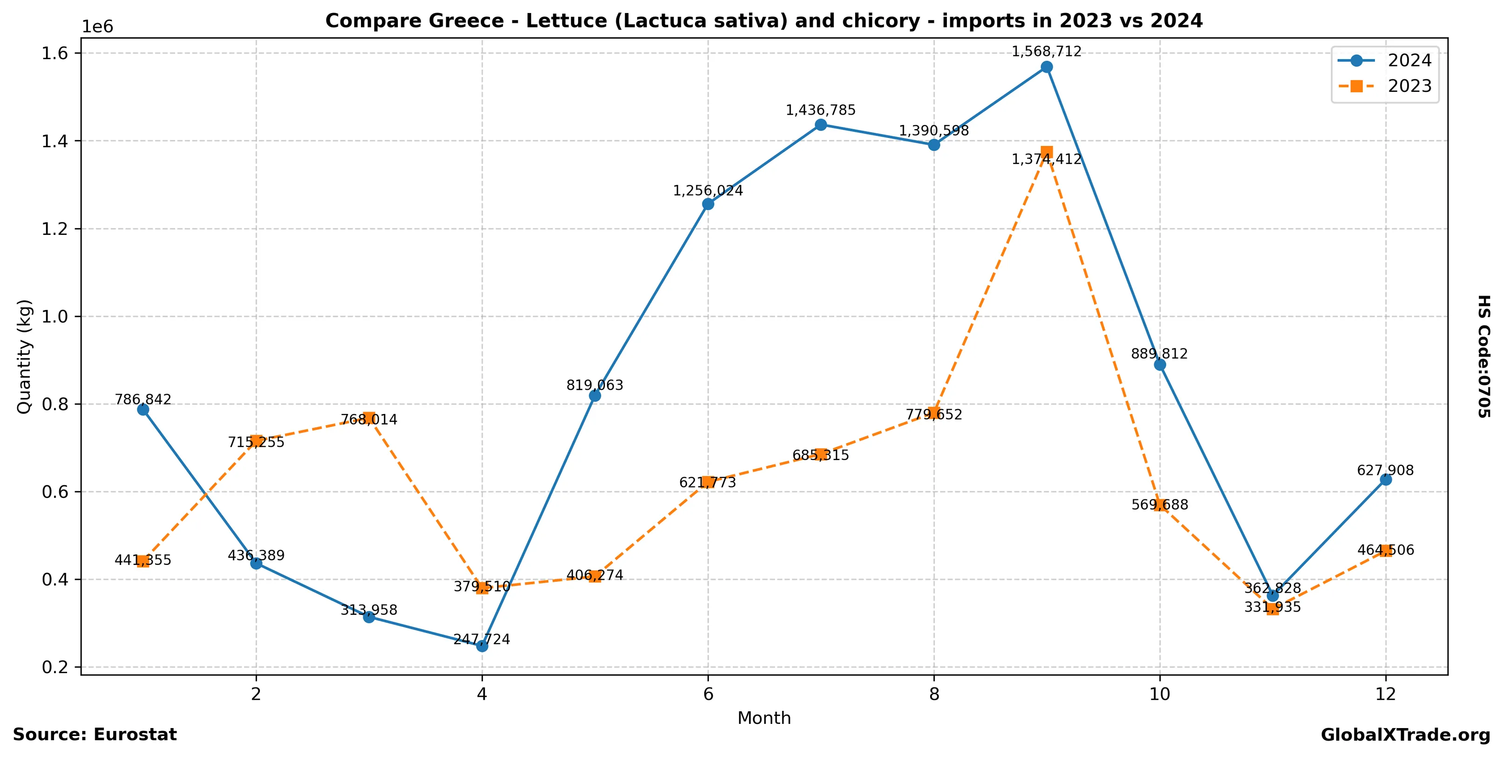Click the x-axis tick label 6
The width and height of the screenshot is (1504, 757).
point(708,694)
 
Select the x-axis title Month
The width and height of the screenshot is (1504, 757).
point(764,718)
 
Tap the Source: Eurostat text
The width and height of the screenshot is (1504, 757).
point(95,735)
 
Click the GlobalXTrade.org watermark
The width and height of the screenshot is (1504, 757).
point(1405,736)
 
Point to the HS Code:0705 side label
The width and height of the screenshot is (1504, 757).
point(1484,356)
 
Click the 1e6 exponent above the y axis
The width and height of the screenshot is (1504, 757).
point(97,28)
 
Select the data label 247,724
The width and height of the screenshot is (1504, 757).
point(482,639)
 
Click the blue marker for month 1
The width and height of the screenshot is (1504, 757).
point(143,409)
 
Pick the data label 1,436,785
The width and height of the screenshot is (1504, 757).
point(820,110)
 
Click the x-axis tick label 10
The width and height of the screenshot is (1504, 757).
point(1159,694)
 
